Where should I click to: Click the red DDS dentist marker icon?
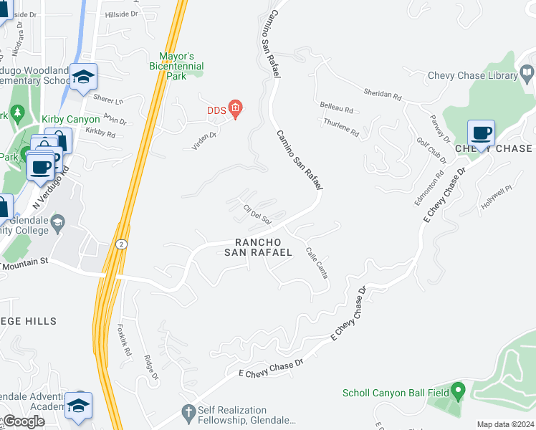coord(235,109)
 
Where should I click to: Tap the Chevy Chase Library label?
coord(472,75)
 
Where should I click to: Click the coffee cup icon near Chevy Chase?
coord(480,133)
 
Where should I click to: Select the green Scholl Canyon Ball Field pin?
coord(458,392)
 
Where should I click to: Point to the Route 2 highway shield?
coord(122,244)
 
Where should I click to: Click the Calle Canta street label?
coord(317,263)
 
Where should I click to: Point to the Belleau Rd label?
coord(337,110)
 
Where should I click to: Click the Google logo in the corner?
coord(23,421)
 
